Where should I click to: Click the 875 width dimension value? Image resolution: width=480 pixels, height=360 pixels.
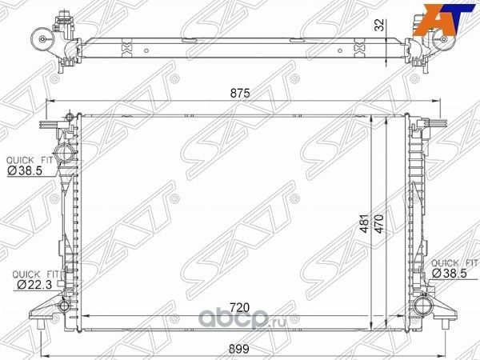tap(240, 93)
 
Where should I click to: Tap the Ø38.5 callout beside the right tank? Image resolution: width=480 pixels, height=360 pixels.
tap(450, 273)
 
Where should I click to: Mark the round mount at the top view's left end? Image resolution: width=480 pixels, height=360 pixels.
tap(38, 37)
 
